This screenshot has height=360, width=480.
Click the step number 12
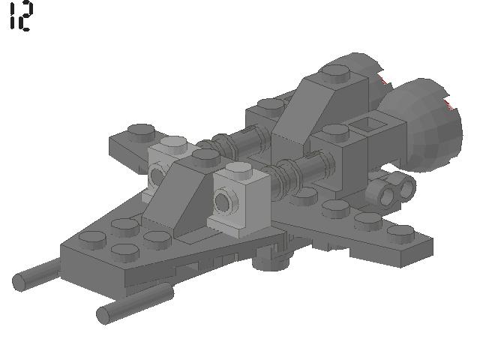point(20,16)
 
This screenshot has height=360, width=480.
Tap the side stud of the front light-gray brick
point(223,202)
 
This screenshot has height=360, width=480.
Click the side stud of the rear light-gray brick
point(157,175)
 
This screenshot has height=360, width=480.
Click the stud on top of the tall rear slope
point(335,73)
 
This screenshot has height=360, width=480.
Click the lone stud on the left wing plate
point(140,131)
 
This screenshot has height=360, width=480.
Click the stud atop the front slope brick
point(204,156)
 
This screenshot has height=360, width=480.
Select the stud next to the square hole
point(333,133)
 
